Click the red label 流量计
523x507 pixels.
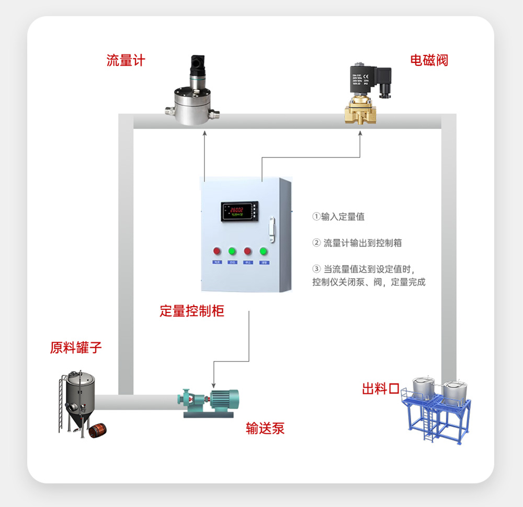tap(126, 61)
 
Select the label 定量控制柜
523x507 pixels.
tap(192, 311)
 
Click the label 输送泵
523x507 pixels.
tap(265, 429)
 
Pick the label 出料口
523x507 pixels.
tap(381, 389)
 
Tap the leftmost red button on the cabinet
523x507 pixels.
tap(216, 251)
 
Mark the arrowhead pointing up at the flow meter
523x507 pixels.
tap(205, 134)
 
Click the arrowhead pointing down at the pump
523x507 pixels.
tap(213, 385)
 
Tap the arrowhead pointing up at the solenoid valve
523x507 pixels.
tap(360, 134)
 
